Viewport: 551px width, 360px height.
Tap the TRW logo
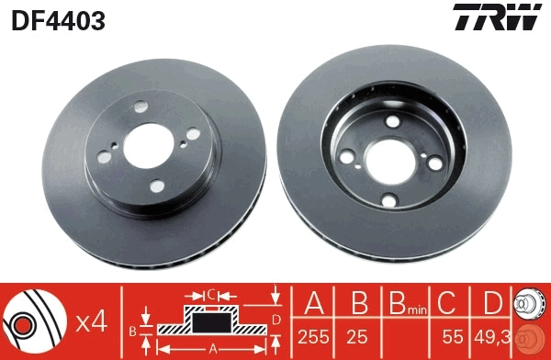pyautogui.click(x=496, y=18)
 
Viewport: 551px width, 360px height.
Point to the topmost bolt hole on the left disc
pyautogui.click(x=138, y=107)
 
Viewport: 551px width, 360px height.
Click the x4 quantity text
pyautogui.click(x=92, y=321)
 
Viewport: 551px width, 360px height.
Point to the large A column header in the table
pyautogui.click(x=314, y=304)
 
